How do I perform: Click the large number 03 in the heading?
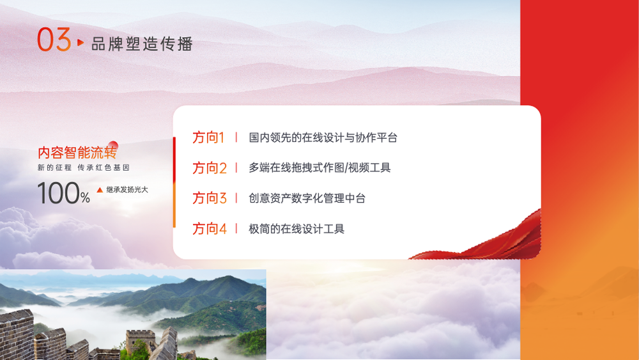click(54, 40)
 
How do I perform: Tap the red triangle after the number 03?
click(81, 42)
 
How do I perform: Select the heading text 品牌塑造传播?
click(142, 44)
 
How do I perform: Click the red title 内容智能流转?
click(77, 152)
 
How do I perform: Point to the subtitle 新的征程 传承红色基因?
click(84, 168)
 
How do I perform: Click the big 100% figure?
click(63, 193)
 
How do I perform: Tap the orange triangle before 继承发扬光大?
click(100, 190)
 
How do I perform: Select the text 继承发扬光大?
click(127, 189)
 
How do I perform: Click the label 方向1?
click(208, 137)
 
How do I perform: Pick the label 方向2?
click(210, 168)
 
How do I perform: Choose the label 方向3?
click(210, 198)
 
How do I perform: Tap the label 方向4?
click(210, 229)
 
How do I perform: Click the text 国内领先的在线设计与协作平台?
click(323, 138)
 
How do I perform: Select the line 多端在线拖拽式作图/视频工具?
click(319, 168)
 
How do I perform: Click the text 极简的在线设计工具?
click(296, 229)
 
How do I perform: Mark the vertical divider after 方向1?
click(236, 137)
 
